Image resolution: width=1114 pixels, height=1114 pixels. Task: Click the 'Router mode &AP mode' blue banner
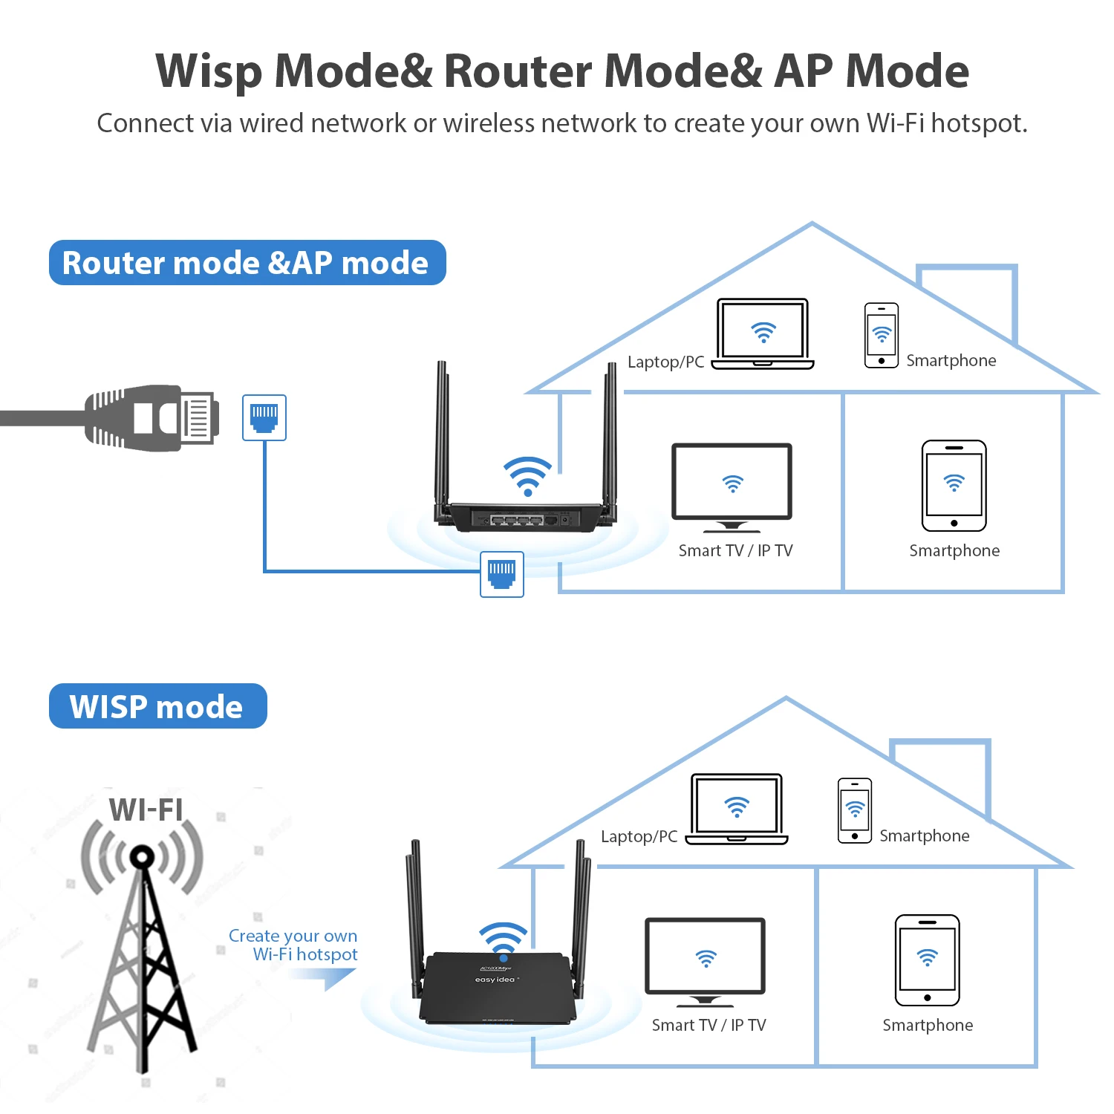[247, 263]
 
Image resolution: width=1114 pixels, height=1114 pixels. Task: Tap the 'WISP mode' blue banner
[157, 706]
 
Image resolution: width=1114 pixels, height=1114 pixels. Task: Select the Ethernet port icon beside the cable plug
[264, 417]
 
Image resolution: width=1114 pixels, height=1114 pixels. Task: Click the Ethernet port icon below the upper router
[502, 574]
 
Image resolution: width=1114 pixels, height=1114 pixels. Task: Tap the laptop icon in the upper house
[763, 333]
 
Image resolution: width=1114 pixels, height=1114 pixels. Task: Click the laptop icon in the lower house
[736, 809]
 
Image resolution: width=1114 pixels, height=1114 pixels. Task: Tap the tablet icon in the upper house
[954, 486]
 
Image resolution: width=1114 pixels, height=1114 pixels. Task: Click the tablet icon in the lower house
[928, 960]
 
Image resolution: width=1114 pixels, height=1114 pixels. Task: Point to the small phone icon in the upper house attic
[882, 336]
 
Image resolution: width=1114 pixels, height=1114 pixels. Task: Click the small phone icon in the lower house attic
[855, 810]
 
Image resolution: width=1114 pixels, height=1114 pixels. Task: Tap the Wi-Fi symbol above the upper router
[528, 475]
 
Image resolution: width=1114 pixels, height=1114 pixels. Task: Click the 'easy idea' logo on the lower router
[495, 980]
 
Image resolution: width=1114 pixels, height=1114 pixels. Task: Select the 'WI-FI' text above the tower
[146, 810]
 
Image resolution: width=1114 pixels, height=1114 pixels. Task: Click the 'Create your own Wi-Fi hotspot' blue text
[294, 945]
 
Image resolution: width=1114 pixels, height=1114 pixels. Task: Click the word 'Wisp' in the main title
[209, 71]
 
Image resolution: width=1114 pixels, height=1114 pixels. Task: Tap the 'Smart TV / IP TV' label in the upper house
[735, 550]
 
